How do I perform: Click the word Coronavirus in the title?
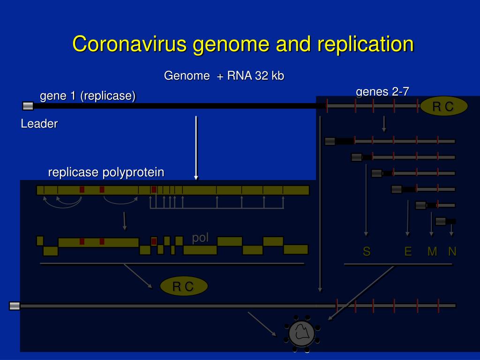coord(129,44)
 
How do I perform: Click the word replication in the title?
coord(366,44)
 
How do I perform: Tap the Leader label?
coord(39,124)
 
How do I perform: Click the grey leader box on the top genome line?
coord(28,106)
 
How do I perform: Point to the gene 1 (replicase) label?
coord(88,96)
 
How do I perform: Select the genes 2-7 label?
coord(382,92)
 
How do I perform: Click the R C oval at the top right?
coord(443,107)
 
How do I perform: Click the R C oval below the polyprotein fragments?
coord(183,286)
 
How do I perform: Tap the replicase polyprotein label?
coord(106,172)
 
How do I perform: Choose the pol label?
coord(200,238)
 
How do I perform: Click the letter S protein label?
coord(367,252)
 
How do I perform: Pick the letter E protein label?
coord(408,252)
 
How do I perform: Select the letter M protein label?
coord(432,252)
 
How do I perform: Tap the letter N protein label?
coord(452,252)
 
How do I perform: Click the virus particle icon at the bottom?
coord(301,333)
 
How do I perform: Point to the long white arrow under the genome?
coord(196,148)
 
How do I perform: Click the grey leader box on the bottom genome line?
coord(15,306)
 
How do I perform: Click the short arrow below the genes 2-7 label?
coord(384,124)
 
